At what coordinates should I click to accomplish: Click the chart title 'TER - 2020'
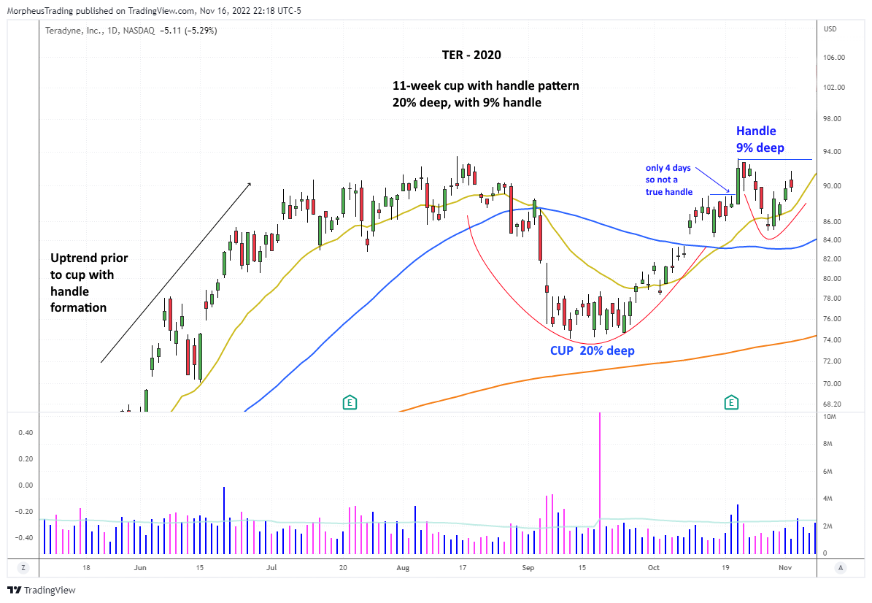[x=472, y=55]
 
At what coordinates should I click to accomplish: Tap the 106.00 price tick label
[x=834, y=58]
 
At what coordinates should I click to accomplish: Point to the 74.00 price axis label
[x=833, y=340]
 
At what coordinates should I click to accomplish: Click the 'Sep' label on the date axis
[x=529, y=567]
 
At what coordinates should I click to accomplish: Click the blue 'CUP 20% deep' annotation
[x=592, y=350]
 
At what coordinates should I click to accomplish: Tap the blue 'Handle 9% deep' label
[x=760, y=139]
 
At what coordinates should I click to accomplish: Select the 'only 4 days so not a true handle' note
[x=668, y=180]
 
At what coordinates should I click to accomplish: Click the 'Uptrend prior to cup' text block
[x=89, y=283]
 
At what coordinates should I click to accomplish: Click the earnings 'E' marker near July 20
[x=350, y=402]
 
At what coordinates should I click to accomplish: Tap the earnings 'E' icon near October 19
[x=730, y=402]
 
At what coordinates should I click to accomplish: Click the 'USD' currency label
[x=830, y=29]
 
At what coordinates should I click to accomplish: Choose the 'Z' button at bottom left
[x=23, y=567]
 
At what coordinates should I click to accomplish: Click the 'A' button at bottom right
[x=841, y=567]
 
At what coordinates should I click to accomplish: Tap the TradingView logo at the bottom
[x=42, y=590]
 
